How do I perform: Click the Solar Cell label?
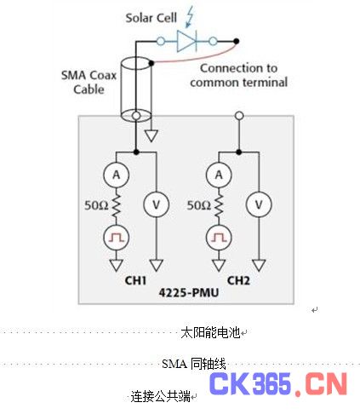pyautogui.click(x=151, y=18)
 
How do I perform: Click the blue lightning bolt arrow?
pyautogui.click(x=189, y=17)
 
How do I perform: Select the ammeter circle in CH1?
pyautogui.click(x=117, y=175)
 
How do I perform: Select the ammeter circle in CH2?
pyautogui.click(x=219, y=175)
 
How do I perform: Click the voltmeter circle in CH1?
pyautogui.click(x=157, y=204)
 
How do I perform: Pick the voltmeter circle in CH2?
pyautogui.click(x=259, y=204)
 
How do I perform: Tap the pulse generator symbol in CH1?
pyautogui.click(x=117, y=238)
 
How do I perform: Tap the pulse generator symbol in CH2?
pyautogui.click(x=219, y=238)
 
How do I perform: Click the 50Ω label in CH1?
pyautogui.click(x=96, y=205)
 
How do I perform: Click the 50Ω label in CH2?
pyautogui.click(x=199, y=205)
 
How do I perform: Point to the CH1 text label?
pyautogui.click(x=135, y=280)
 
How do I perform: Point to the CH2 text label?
pyautogui.click(x=238, y=280)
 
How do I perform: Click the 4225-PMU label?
pyautogui.click(x=189, y=292)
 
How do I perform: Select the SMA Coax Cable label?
pyautogui.click(x=89, y=83)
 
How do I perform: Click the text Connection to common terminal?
pyautogui.click(x=239, y=75)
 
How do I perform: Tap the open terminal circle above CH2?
pyautogui.click(x=239, y=116)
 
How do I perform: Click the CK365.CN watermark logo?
pyautogui.click(x=278, y=383)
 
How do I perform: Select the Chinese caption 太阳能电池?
pyautogui.click(x=210, y=332)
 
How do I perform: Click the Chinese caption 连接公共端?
pyautogui.click(x=160, y=396)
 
